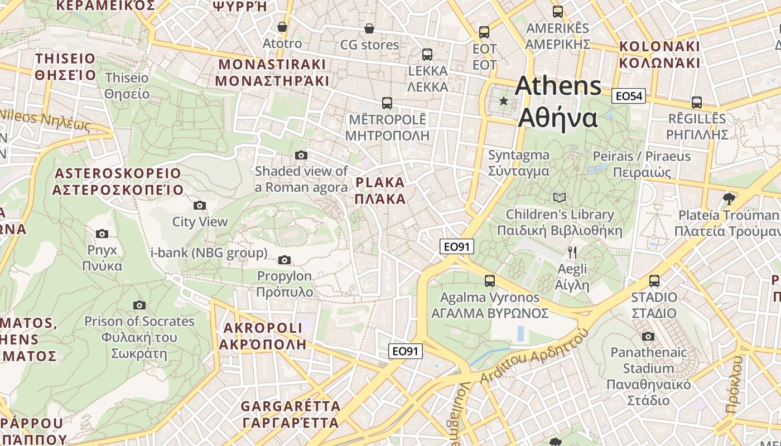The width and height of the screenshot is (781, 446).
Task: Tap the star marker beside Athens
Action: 504,101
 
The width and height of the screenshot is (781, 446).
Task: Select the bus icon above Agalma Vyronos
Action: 490,281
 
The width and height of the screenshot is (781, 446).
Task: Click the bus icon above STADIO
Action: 654,281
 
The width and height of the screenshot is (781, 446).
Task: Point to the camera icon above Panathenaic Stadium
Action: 648,336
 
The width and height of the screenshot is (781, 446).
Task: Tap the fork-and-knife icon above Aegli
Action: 572,253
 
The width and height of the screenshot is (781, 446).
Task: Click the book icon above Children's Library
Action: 560,197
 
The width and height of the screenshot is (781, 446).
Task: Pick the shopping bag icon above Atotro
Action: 282,27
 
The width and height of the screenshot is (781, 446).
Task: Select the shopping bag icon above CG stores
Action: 369,28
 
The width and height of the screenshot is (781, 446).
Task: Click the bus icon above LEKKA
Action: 427,54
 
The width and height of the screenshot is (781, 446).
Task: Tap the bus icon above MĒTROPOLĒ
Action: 387,103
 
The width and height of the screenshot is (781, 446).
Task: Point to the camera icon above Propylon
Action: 285,260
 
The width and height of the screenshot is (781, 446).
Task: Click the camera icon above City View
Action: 199,206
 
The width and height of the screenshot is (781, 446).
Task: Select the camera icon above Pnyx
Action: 102,234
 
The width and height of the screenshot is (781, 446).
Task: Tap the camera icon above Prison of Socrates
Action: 139,305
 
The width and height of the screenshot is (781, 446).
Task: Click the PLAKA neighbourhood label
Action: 380,191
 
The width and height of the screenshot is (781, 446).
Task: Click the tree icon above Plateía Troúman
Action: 728,198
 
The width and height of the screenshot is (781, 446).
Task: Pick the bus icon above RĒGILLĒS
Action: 697,103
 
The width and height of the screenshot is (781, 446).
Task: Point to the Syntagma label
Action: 519,163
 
